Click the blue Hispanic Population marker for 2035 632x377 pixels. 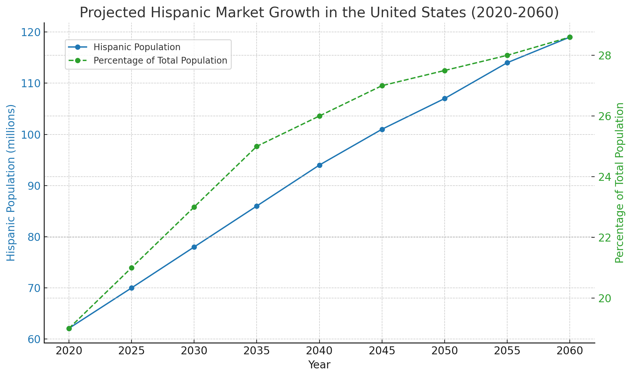[257, 206]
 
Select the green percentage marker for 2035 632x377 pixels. [257, 147]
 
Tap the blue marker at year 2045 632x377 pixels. [382, 129]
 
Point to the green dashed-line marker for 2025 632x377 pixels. [132, 268]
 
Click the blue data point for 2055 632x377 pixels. [507, 63]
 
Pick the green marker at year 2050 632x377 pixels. [445, 71]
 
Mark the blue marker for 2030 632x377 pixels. [194, 247]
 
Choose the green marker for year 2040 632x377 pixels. [320, 116]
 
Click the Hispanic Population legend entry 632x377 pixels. [137, 47]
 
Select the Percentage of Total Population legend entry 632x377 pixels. [160, 61]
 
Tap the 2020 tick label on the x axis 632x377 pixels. [69, 351]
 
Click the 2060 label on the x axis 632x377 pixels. [570, 351]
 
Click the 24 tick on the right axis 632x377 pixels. [608, 177]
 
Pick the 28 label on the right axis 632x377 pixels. [608, 56]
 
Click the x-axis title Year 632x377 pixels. [319, 365]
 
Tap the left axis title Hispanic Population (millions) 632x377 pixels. [11, 183]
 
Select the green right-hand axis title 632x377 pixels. [620, 183]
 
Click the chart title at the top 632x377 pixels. [319, 13]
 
